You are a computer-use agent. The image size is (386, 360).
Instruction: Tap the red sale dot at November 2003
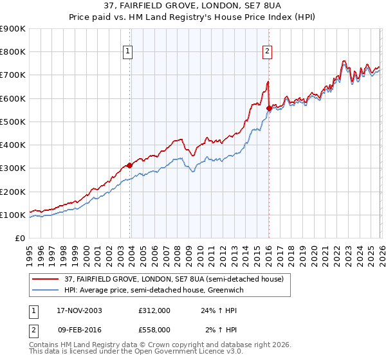[x=130, y=165]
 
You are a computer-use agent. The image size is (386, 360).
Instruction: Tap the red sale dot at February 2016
[x=268, y=108]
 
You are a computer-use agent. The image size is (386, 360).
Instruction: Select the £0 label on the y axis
[x=19, y=239]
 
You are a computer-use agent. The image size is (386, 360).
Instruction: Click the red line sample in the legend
[x=46, y=279]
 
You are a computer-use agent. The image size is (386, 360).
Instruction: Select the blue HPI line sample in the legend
[x=46, y=290]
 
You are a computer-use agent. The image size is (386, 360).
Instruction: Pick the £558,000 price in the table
[x=154, y=330]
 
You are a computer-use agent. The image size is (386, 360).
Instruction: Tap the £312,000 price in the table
[x=154, y=310]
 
